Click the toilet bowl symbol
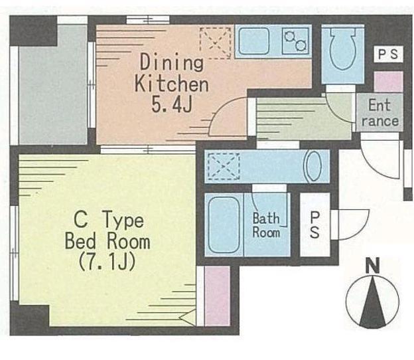coord(343,49)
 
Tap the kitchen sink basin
coord(253,41)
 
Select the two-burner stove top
coord(295,41)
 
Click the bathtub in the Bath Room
coord(224,225)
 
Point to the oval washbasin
coord(313,166)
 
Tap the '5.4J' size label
coord(172,104)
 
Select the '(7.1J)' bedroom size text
coord(107,261)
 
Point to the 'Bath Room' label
coord(266,225)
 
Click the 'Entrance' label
coord(379,113)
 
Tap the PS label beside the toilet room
coord(388,54)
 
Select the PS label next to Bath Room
coord(314,225)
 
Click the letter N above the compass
coord(373,265)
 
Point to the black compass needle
coord(373,301)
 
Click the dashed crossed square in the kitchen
coord(216,43)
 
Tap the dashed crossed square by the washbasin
coord(224,166)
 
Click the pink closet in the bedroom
coord(217,296)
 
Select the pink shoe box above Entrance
coord(389,82)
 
